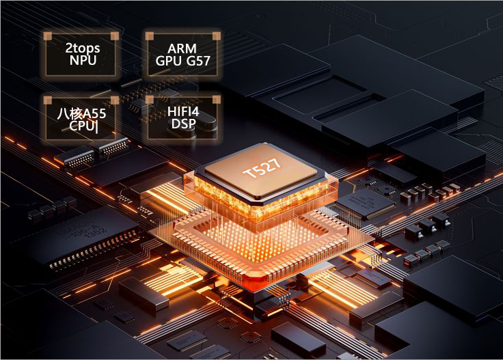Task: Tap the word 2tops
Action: tap(83, 49)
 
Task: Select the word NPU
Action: tap(83, 60)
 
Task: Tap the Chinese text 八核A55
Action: tap(81, 113)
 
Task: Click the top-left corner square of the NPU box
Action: tap(47, 35)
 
